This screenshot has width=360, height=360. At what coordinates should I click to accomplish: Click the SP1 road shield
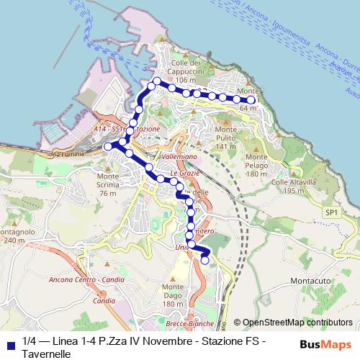(330, 213)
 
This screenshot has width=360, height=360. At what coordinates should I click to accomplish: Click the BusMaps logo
(325, 343)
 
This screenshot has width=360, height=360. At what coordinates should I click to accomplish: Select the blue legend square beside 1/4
(9, 341)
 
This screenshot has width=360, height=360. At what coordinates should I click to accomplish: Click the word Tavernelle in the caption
(46, 354)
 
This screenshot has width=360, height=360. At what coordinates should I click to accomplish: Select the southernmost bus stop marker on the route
(204, 261)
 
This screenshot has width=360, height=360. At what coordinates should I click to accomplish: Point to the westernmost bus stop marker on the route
(108, 146)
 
